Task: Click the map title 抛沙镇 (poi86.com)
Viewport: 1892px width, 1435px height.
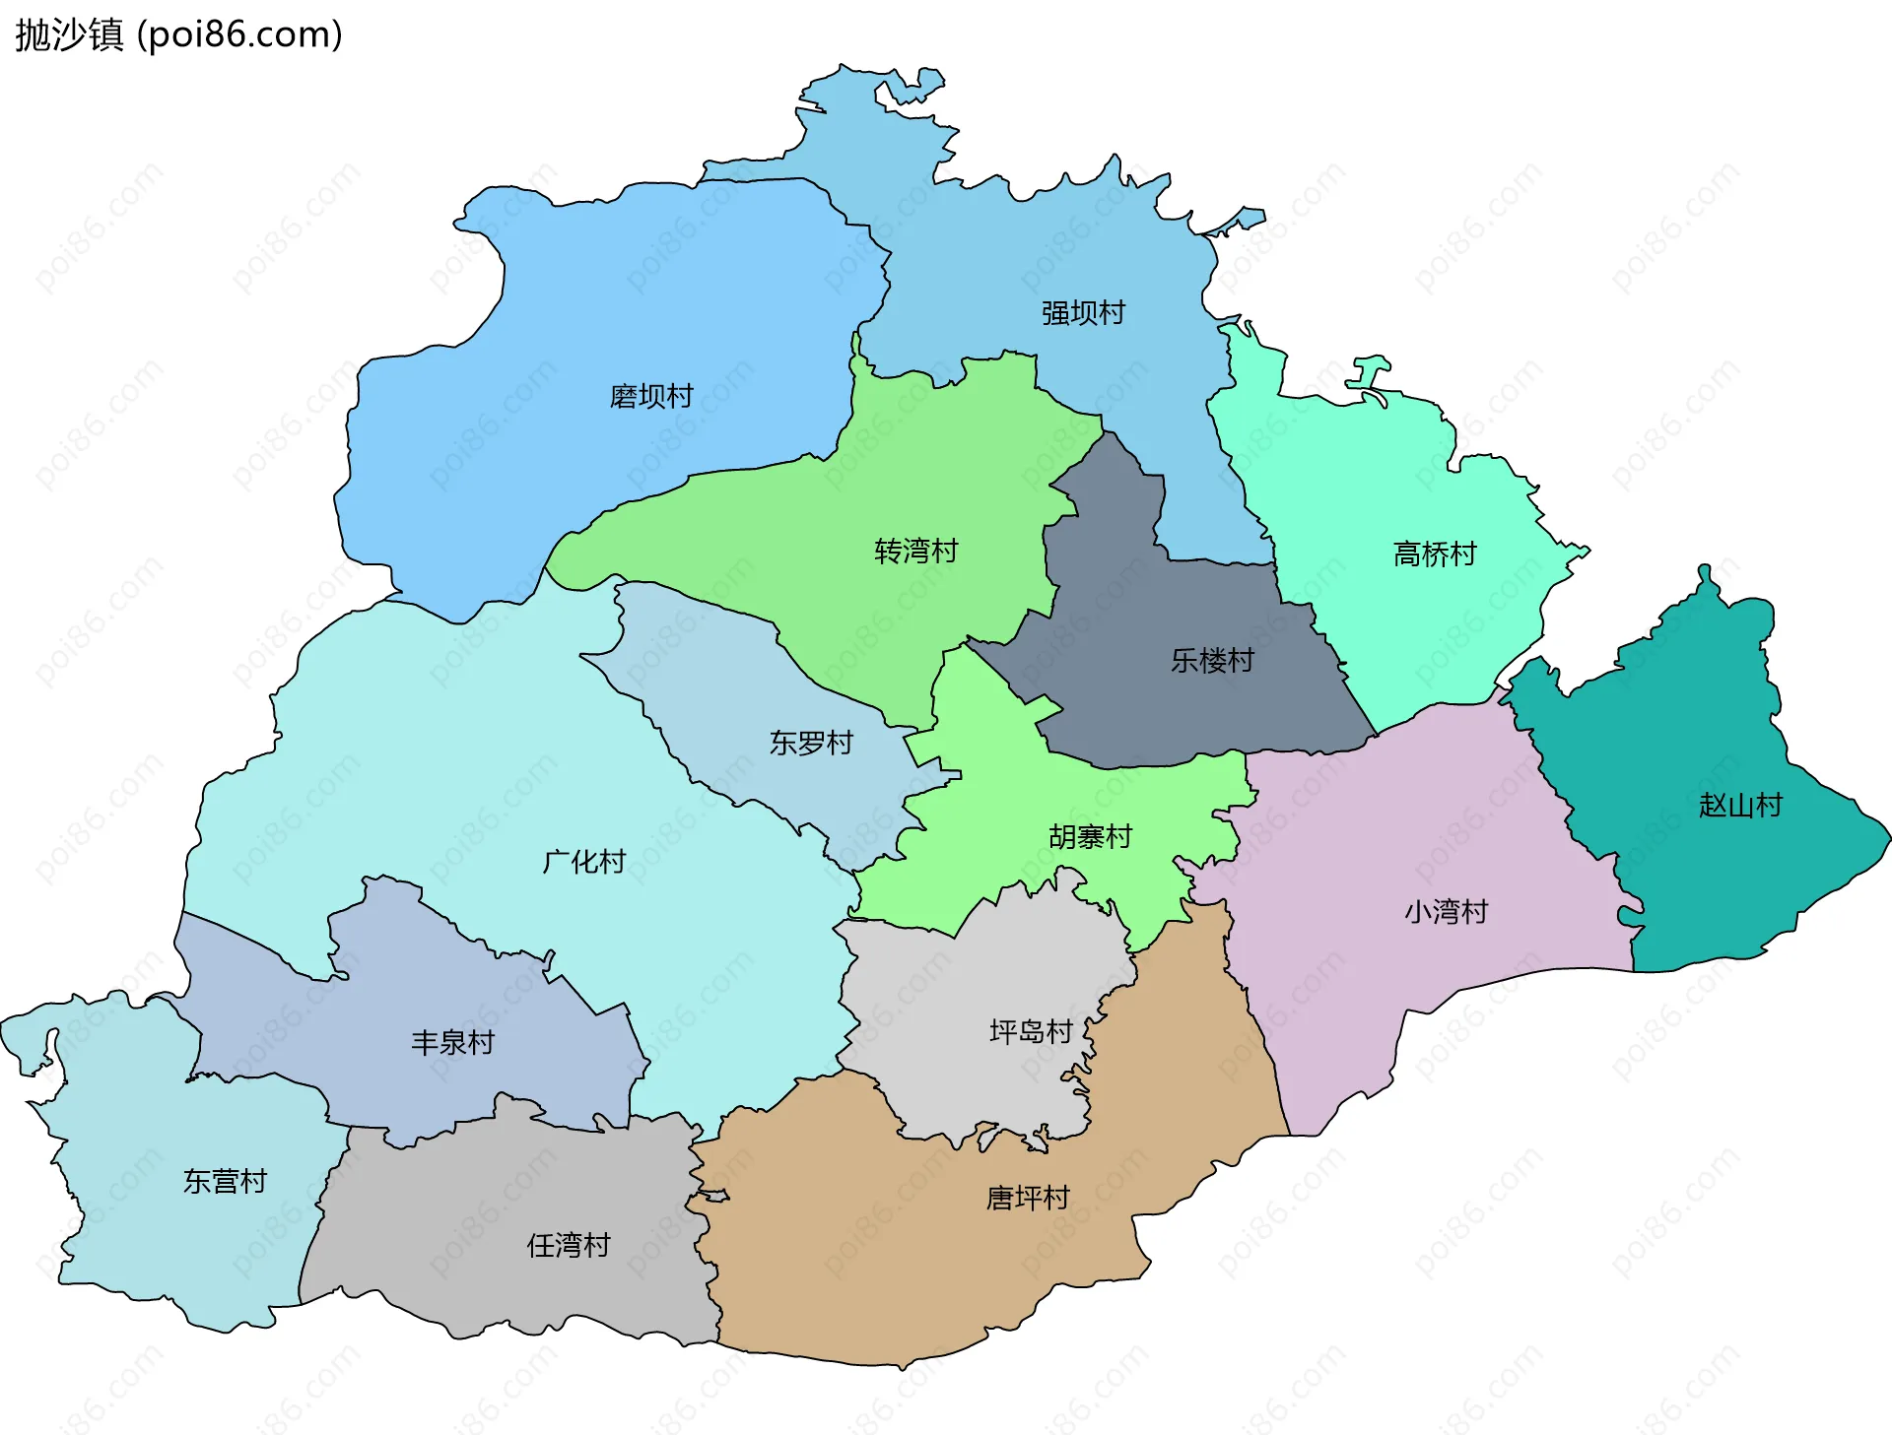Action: [x=178, y=34]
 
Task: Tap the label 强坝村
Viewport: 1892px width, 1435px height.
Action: [x=1083, y=313]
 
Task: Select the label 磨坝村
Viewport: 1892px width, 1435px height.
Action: [x=651, y=396]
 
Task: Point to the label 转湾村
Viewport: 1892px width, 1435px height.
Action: [x=915, y=551]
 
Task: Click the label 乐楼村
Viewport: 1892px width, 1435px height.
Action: [x=1212, y=660]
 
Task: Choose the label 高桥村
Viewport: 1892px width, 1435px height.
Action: [x=1435, y=554]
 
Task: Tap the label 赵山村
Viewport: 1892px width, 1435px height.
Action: [x=1740, y=806]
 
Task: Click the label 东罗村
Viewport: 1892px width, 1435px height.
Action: [x=811, y=743]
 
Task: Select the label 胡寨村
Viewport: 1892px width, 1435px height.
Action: [x=1090, y=836]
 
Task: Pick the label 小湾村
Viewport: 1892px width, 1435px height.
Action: [x=1446, y=911]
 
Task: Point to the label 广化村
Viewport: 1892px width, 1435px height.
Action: [x=584, y=862]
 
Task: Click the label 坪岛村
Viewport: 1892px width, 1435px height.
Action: [x=1031, y=1031]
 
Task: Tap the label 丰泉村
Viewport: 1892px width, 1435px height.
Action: [x=452, y=1042]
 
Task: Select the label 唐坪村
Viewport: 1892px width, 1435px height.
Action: [x=1028, y=1198]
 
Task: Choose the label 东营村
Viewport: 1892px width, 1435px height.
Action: [x=225, y=1181]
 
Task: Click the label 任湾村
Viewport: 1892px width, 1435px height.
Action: [x=569, y=1245]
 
